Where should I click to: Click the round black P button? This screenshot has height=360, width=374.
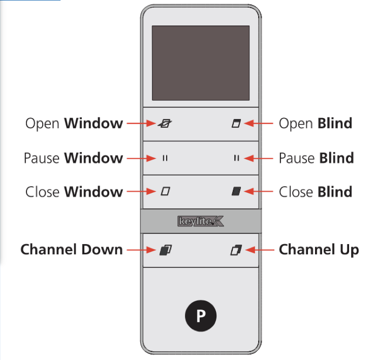(201, 316)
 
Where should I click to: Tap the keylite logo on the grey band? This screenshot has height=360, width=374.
(201, 222)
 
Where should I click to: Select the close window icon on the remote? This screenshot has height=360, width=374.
(165, 192)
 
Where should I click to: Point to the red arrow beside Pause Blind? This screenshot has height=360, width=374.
(260, 158)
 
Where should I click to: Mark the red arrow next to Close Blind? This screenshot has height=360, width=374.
(260, 192)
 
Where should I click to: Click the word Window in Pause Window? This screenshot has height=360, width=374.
(93, 158)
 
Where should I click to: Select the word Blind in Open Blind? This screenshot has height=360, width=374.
(335, 124)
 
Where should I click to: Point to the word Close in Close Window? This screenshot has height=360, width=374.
(43, 192)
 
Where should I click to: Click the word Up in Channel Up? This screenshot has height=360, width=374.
(349, 250)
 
